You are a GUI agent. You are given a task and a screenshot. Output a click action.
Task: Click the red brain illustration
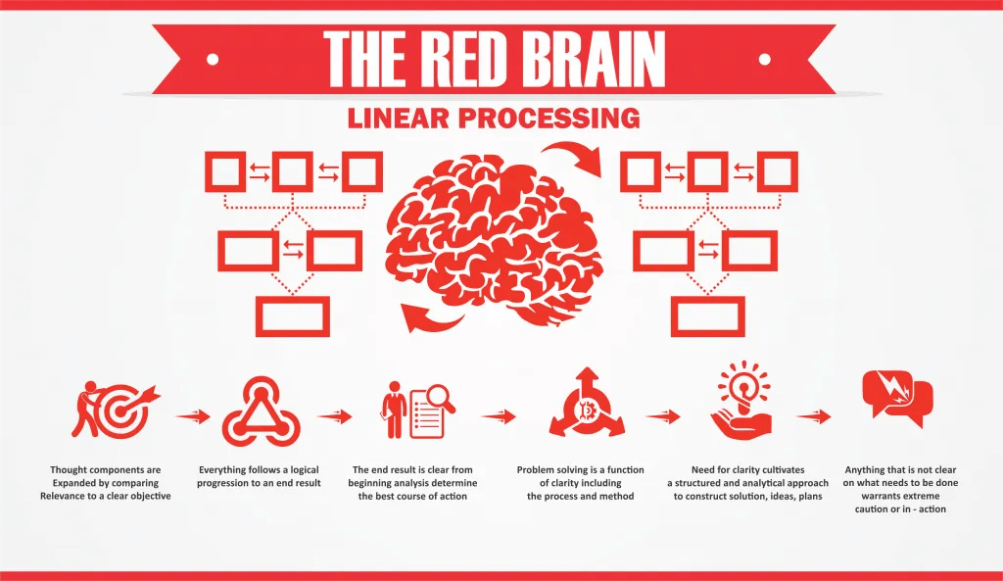click(x=496, y=231)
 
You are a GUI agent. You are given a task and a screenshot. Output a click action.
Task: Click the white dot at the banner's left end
click(x=213, y=58)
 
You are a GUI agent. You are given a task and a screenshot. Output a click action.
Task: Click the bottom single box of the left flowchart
click(x=292, y=315)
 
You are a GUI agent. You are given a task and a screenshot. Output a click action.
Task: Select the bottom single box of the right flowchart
click(x=707, y=315)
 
